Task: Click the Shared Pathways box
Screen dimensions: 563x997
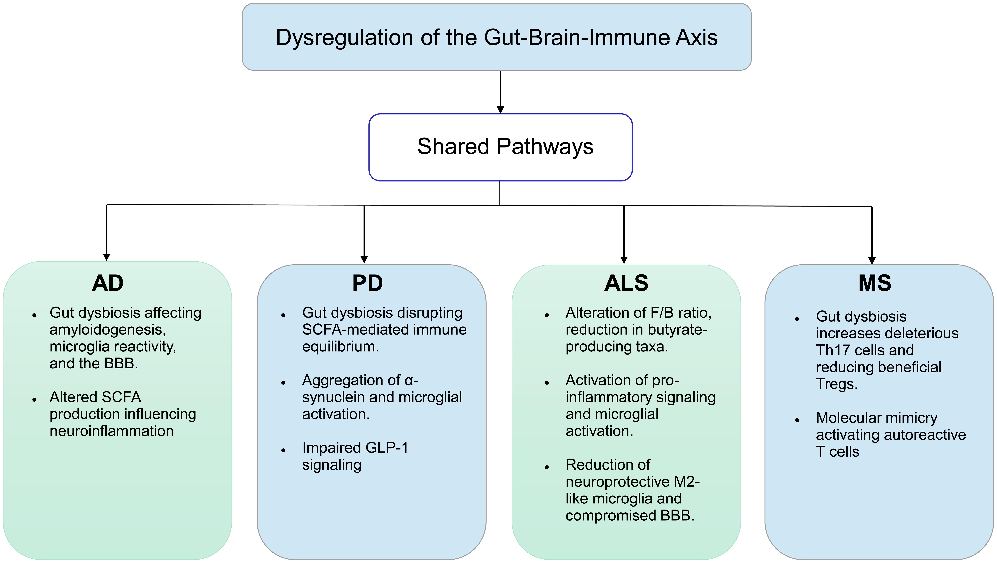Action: click(x=500, y=147)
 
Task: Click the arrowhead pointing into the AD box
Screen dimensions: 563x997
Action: click(x=107, y=257)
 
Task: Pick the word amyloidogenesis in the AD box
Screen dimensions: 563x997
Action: click(x=108, y=330)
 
